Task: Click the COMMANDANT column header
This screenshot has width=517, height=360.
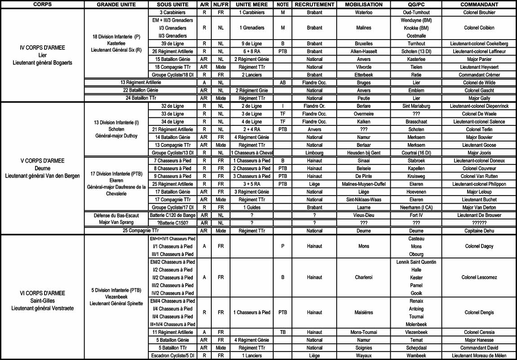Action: [x=479, y=4]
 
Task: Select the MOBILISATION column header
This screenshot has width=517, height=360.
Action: [x=364, y=4]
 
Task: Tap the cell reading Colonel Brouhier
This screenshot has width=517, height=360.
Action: [x=479, y=12]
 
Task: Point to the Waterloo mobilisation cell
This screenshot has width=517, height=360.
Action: [x=364, y=12]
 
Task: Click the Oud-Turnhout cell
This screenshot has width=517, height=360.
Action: [x=416, y=12]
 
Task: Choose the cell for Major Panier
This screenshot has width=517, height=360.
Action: [x=479, y=59]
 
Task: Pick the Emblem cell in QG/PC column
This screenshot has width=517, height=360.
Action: [x=416, y=90]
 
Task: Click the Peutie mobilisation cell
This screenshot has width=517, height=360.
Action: [x=364, y=98]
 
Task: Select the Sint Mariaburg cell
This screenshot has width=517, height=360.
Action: [x=416, y=106]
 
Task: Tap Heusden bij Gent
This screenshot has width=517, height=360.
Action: [x=364, y=153]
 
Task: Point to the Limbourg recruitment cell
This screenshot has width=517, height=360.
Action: [x=314, y=153]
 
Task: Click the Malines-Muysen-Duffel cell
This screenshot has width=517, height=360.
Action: [x=364, y=184]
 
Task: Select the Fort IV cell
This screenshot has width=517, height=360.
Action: [x=416, y=215]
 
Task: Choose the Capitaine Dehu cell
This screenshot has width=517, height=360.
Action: [x=479, y=231]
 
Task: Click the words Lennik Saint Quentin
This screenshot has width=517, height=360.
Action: [x=416, y=262]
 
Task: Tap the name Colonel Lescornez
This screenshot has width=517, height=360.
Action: [x=479, y=277]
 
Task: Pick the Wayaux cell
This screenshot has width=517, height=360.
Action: [x=364, y=356]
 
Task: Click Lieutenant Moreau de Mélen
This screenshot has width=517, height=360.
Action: [x=479, y=356]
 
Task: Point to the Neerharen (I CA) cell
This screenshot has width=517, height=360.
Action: [x=416, y=207]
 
